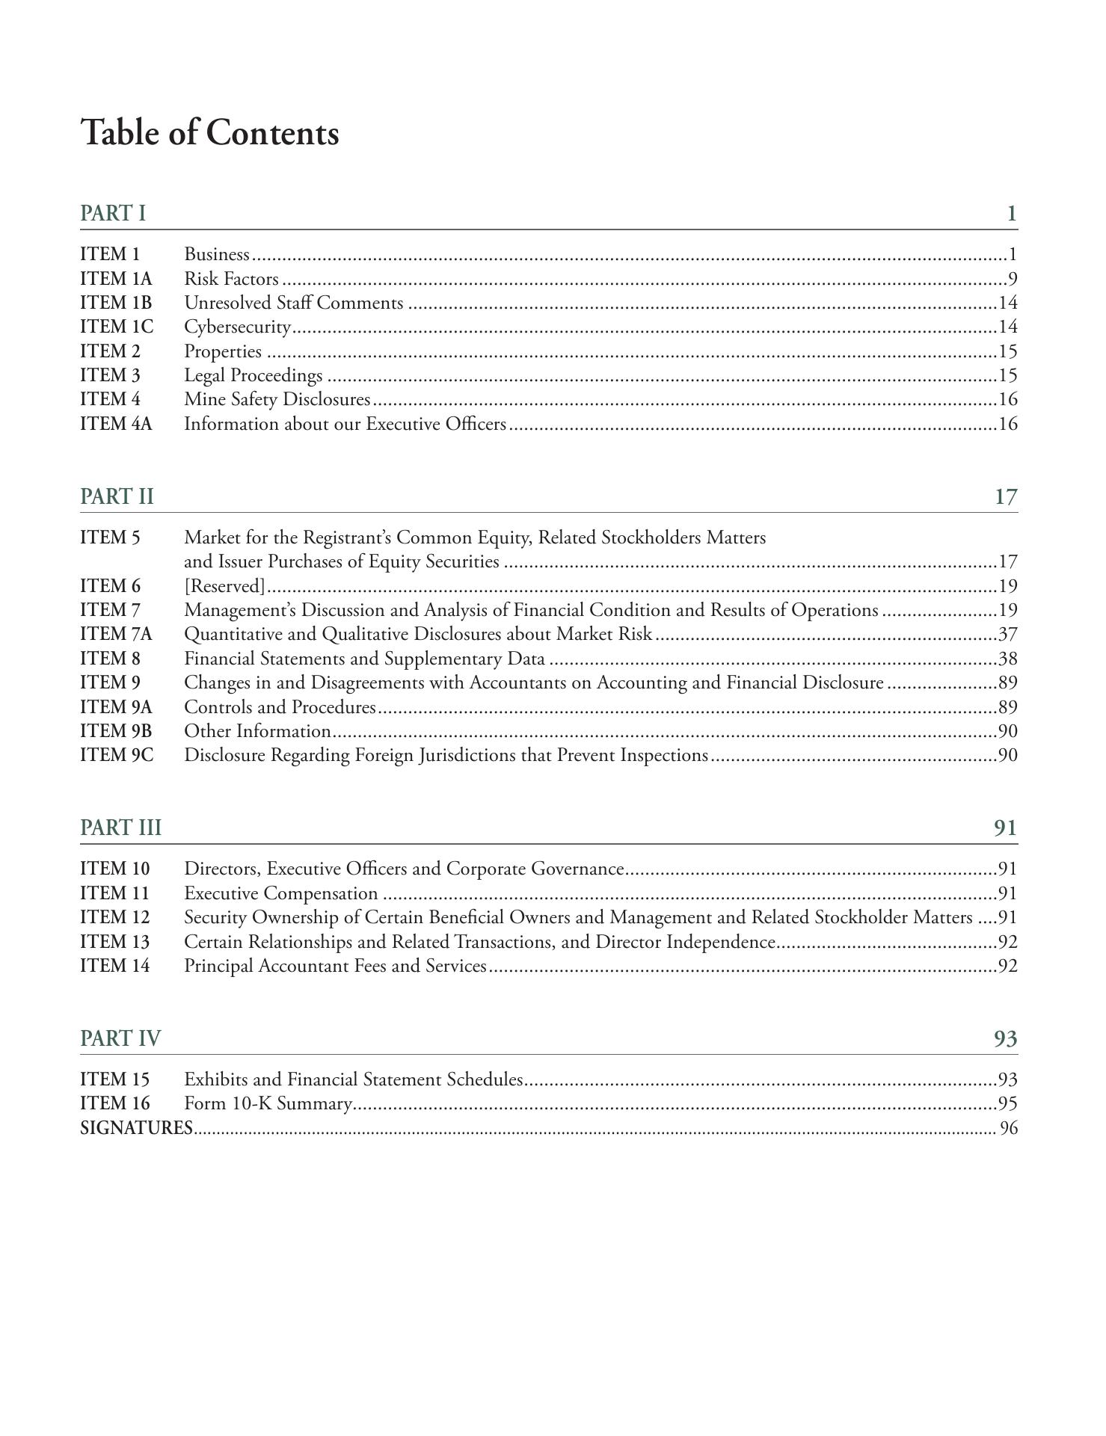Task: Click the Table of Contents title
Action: click(x=209, y=133)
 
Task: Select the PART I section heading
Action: click(x=113, y=213)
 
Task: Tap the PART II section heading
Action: click(x=117, y=496)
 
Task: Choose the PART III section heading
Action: click(x=120, y=828)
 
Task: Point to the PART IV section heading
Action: click(x=120, y=1038)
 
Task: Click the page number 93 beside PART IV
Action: click(x=1005, y=1038)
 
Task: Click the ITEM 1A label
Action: click(x=115, y=279)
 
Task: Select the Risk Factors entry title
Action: click(x=231, y=279)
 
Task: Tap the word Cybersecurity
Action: click(x=237, y=327)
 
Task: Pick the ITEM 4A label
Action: click(x=115, y=424)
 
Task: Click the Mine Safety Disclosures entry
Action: click(x=277, y=399)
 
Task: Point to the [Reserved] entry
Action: click(x=224, y=585)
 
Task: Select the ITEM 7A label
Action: click(x=115, y=634)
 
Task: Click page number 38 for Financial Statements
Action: click(x=1007, y=659)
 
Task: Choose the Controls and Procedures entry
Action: click(x=280, y=706)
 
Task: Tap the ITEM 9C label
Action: click(x=116, y=755)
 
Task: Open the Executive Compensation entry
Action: click(x=280, y=893)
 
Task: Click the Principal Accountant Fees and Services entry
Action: click(x=335, y=966)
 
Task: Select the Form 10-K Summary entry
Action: click(x=268, y=1103)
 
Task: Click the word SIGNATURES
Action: click(x=136, y=1128)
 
